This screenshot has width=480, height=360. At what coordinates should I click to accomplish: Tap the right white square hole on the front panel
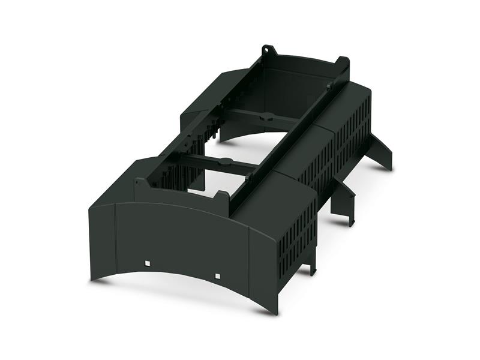[x=217, y=276]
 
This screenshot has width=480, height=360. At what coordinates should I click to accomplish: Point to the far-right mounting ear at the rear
[x=344, y=62]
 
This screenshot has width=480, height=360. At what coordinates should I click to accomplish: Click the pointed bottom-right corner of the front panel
[x=275, y=311]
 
